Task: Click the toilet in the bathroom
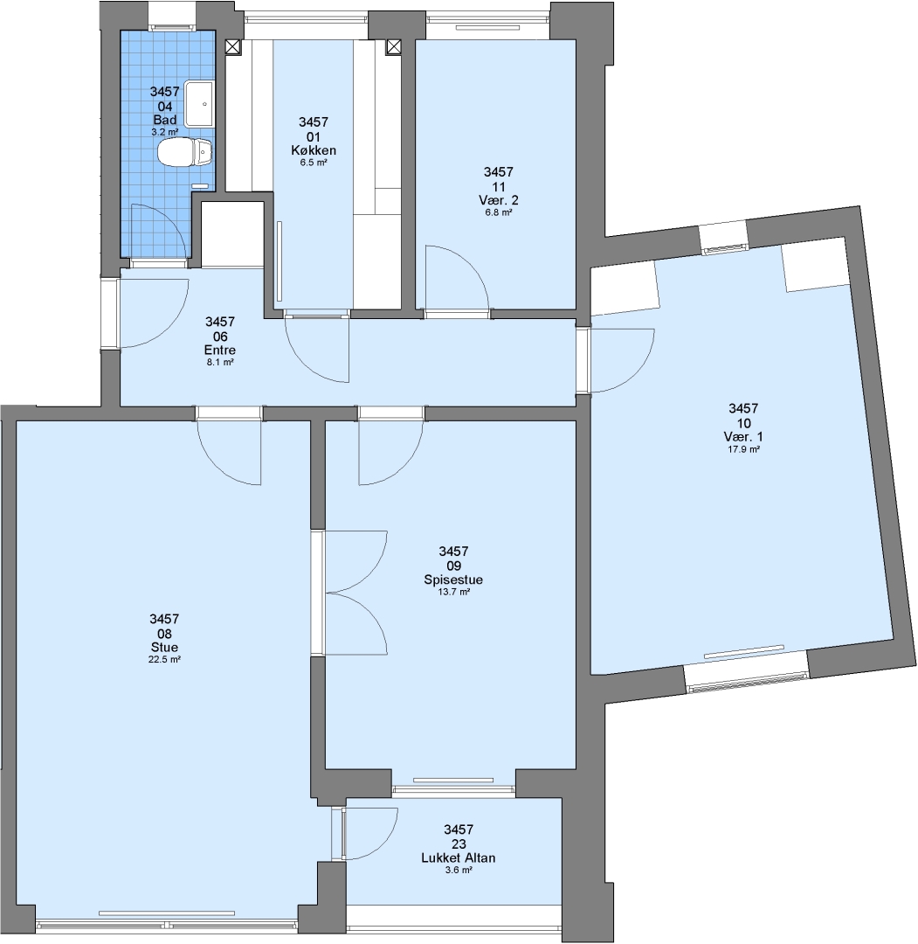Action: tap(185, 152)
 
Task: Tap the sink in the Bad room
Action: tap(199, 104)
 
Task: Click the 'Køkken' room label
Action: tap(314, 150)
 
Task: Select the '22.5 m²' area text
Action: tap(165, 659)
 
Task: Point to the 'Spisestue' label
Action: tap(453, 580)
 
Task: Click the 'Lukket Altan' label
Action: tap(459, 858)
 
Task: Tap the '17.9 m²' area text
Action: tap(743, 449)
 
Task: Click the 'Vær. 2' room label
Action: tap(499, 200)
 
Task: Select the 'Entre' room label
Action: tap(220, 351)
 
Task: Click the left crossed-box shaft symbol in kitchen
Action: tap(233, 47)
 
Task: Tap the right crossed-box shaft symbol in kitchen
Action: tap(393, 46)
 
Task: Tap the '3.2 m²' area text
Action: tap(165, 132)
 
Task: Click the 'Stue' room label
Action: tap(165, 648)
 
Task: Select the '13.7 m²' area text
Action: tap(453, 592)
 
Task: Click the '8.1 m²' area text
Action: tap(220, 363)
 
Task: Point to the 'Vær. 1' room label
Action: tap(743, 437)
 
